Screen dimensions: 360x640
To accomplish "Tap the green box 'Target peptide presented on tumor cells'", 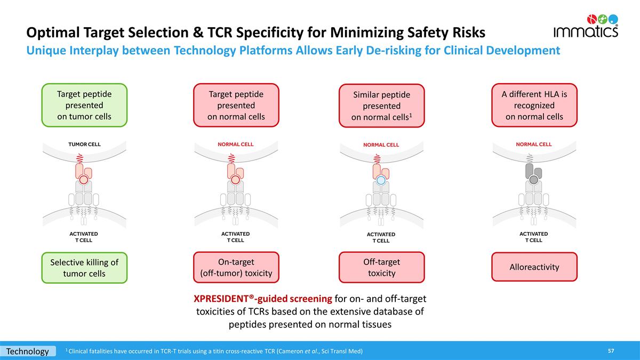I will coord(84,105).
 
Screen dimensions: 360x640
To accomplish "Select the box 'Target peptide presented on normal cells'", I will coord(236,105).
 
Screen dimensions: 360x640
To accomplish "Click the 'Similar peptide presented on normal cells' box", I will coord(381,106).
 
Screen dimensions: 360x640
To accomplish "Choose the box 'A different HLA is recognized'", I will coord(534,105).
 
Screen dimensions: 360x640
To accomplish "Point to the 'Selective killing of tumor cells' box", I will coord(84,268).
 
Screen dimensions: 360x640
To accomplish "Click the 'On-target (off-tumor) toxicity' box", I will coord(236,267).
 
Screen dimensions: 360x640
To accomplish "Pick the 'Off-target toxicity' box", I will coord(381,267).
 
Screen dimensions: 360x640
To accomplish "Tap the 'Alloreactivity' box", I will coord(534,267).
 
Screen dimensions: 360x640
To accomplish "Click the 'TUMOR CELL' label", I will coord(84,144).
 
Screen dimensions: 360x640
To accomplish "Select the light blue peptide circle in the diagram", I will coord(381,180).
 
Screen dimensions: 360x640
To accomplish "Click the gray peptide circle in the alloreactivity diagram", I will coord(533,180).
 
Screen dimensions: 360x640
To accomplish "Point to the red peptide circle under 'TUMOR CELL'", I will coord(84,180).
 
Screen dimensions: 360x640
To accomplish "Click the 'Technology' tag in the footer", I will coord(28,351).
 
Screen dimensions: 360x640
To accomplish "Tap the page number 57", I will coord(611,351).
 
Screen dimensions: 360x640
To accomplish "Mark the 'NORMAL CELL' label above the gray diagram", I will coord(533,144).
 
